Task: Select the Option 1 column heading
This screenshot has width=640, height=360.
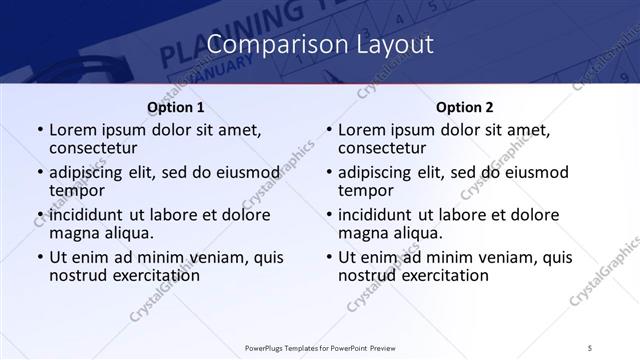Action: tap(175, 106)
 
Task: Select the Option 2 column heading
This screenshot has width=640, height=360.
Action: tap(465, 106)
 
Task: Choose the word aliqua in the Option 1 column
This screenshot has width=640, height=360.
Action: tap(128, 233)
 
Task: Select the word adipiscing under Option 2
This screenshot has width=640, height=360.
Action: tap(381, 173)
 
